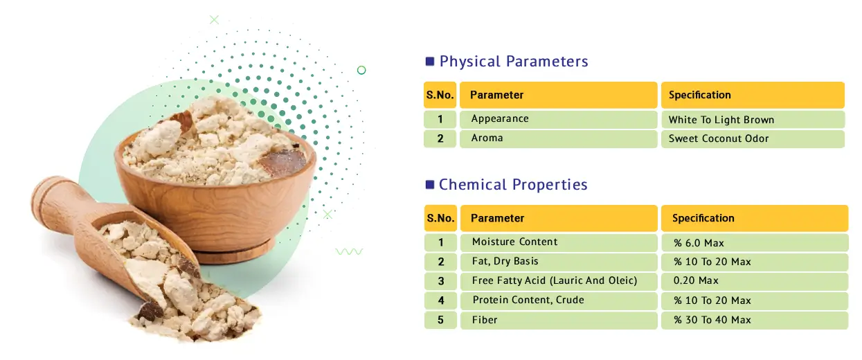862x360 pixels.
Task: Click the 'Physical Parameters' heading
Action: coord(514,62)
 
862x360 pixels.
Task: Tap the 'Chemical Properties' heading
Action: coord(513,185)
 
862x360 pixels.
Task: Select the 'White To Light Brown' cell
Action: coord(753,120)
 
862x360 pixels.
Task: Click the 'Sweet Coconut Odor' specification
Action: coord(753,138)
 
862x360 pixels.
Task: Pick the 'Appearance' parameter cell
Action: coord(558,119)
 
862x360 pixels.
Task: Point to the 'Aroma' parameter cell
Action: coord(558,138)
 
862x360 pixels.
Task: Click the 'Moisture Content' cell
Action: coord(559,242)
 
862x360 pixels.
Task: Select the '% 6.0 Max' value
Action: coord(755,243)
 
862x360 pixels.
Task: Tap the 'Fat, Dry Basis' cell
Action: coord(559,262)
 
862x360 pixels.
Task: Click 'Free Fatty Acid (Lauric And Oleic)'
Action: coord(555,281)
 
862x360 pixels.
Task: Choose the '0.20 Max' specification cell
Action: coord(755,281)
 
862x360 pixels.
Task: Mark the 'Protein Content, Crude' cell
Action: coord(559,300)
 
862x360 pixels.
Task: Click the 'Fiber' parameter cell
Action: coord(559,320)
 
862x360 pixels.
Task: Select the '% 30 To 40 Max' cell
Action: coord(755,320)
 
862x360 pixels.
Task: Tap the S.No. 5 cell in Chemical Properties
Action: coord(440,320)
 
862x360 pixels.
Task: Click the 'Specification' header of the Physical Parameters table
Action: coord(753,95)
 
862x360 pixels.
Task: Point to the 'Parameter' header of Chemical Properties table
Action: coord(559,218)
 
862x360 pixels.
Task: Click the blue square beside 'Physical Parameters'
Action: coord(430,62)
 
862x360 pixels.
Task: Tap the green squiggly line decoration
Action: coord(349,252)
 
